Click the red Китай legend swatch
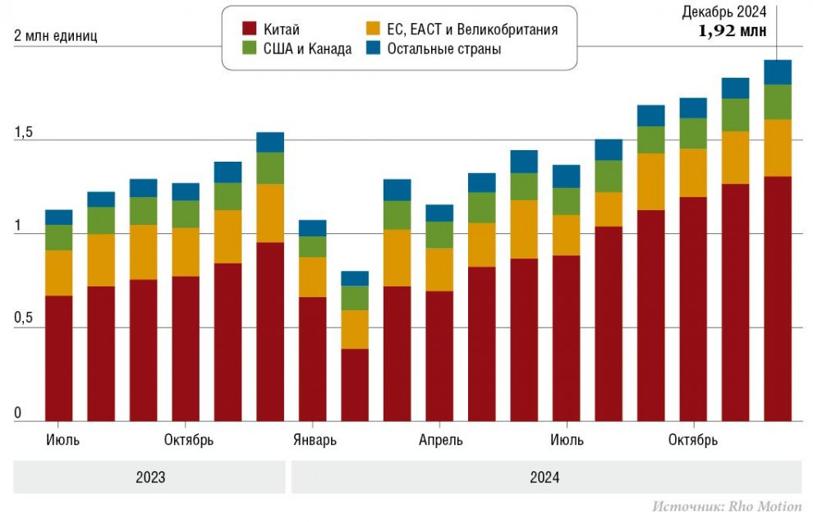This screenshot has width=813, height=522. pyautogui.click(x=250, y=30)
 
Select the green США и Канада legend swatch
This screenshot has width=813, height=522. pyautogui.click(x=250, y=49)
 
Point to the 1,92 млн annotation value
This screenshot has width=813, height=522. pyautogui.click(x=732, y=31)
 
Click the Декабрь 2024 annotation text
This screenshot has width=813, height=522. pyautogui.click(x=725, y=11)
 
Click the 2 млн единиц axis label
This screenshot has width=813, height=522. pyautogui.click(x=55, y=37)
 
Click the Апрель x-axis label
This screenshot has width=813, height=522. pyautogui.click(x=441, y=440)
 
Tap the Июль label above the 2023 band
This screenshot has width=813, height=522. pyautogui.click(x=62, y=440)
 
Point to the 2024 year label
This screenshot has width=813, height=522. pyautogui.click(x=544, y=478)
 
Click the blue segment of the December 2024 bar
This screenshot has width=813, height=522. pyautogui.click(x=778, y=72)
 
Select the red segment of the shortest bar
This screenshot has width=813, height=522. pyautogui.click(x=355, y=384)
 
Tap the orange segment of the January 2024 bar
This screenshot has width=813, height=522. pyautogui.click(x=312, y=277)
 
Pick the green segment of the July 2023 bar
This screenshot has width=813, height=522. pyautogui.click(x=58, y=237)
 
